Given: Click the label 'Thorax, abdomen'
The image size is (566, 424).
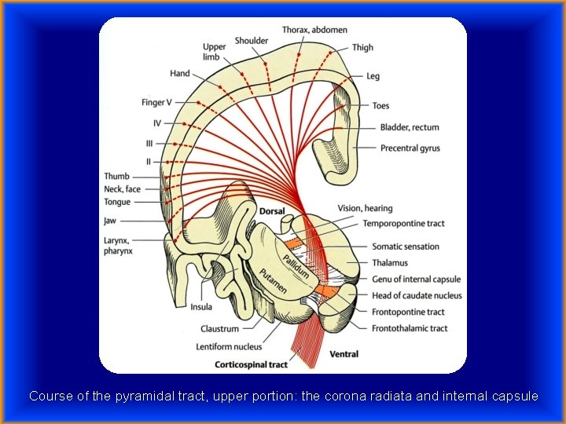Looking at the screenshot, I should (314, 30).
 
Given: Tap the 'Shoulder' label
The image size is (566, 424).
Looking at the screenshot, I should (252, 41).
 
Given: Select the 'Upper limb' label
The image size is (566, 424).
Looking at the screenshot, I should (214, 52).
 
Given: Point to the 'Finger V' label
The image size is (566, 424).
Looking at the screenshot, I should (157, 103).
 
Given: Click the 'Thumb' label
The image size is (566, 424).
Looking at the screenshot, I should (116, 177).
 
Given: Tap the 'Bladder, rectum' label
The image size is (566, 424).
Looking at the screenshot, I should (410, 127).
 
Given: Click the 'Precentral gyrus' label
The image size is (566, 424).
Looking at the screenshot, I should (410, 148).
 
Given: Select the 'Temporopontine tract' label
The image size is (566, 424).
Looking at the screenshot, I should (403, 224).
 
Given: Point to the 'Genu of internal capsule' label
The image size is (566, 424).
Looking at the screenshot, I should (416, 280).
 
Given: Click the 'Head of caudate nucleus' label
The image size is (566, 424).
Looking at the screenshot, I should (417, 296).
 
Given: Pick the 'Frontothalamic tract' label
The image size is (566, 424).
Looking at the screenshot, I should (410, 328).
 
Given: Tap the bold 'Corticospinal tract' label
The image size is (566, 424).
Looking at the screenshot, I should (252, 364).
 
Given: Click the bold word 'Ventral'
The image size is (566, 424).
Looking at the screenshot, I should (343, 354).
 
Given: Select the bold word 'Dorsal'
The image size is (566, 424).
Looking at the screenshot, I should (272, 212).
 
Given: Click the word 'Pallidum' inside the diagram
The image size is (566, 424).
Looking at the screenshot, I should (296, 260).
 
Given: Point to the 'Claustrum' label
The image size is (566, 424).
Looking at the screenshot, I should (219, 329).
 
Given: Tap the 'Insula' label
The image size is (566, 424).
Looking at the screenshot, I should (201, 307).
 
